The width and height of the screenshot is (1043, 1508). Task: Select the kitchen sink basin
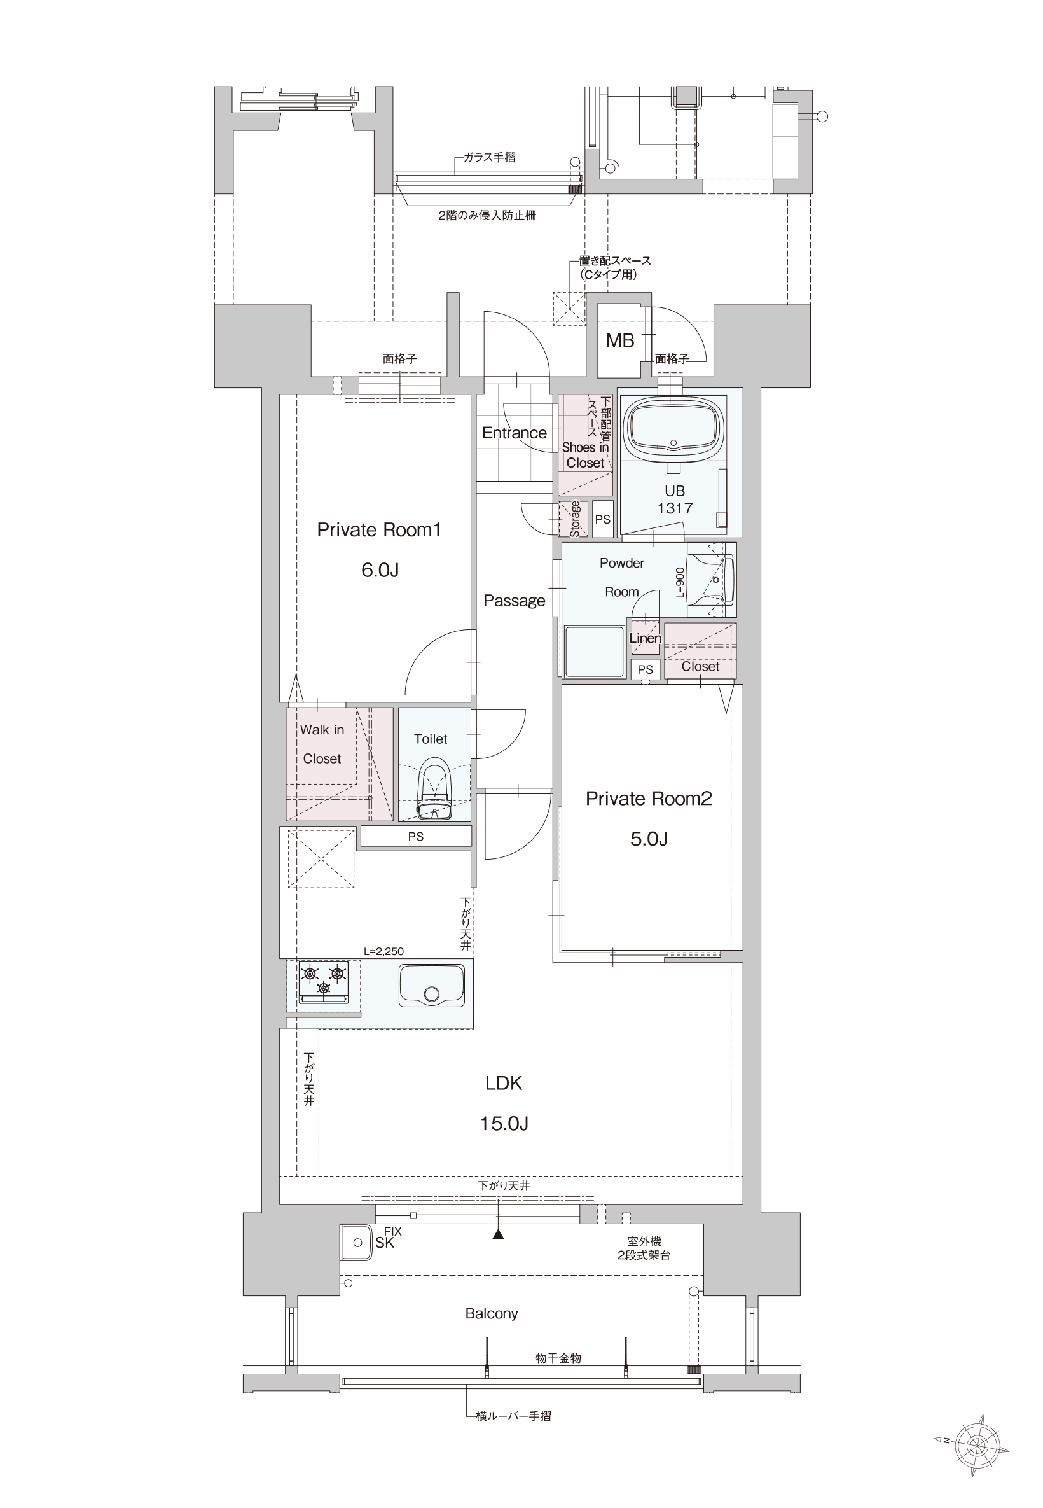click(x=431, y=987)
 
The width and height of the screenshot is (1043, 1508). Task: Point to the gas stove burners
click(x=324, y=981)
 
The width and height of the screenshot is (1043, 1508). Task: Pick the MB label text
click(x=619, y=340)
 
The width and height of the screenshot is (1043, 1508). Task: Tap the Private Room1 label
click(x=379, y=529)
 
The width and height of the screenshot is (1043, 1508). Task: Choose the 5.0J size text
click(x=649, y=839)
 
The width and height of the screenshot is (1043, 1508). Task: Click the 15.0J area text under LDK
click(x=504, y=1123)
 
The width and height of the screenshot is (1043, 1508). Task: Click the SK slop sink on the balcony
click(x=357, y=1243)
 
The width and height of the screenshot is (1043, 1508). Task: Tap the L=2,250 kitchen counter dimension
click(x=383, y=952)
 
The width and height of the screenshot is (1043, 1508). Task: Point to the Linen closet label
click(x=645, y=638)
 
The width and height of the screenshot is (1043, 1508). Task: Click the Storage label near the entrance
click(x=575, y=519)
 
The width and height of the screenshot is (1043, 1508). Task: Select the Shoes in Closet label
click(x=586, y=455)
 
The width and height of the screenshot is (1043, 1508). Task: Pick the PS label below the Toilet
click(x=416, y=837)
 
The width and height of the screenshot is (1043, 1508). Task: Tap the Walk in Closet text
click(x=322, y=744)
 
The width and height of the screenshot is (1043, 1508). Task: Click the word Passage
click(x=515, y=601)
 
